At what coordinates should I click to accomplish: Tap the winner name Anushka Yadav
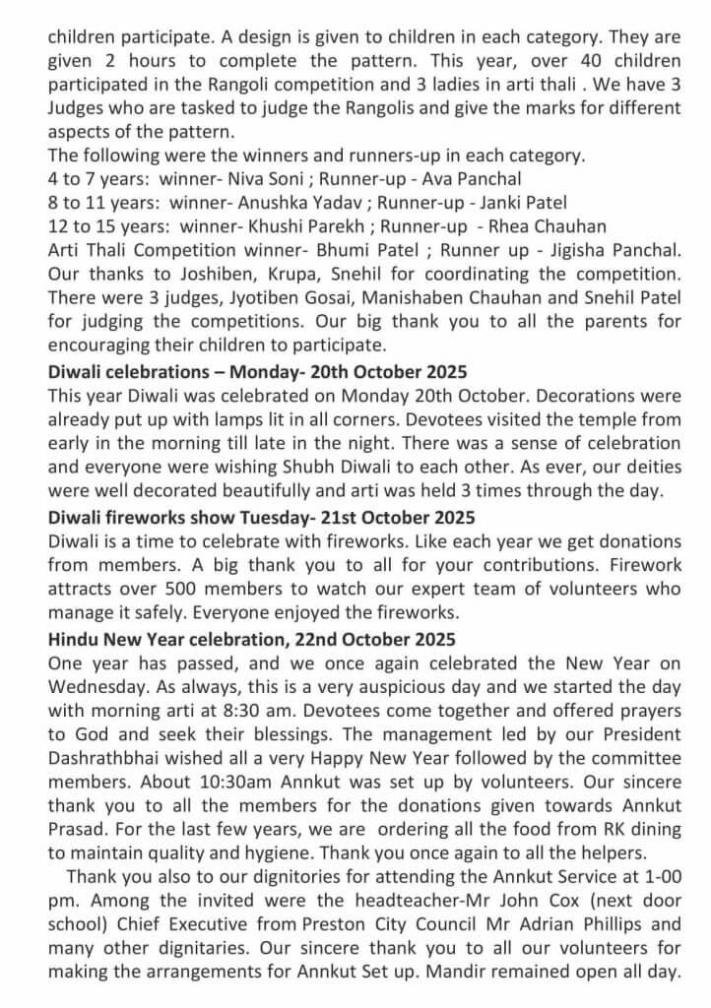[281, 203]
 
